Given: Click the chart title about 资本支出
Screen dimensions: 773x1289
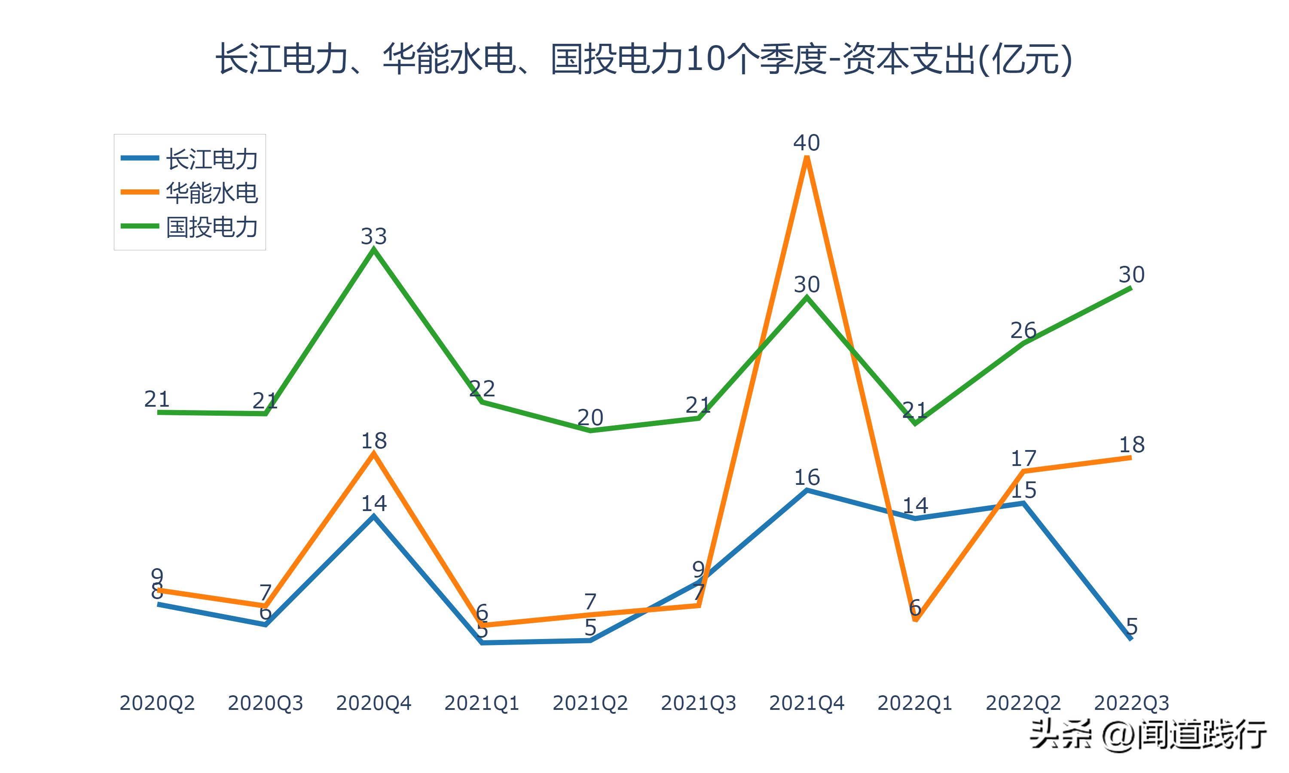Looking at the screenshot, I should [644, 59].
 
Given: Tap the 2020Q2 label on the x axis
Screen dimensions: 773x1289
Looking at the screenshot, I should [157, 703].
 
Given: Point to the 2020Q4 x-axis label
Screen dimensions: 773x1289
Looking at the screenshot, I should [373, 703].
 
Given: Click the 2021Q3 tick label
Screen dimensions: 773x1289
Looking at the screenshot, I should [699, 703].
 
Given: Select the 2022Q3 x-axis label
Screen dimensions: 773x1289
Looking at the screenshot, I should [1131, 703].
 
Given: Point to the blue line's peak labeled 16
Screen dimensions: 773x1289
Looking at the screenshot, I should [806, 490].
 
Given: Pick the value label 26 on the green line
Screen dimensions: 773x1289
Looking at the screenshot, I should [1023, 330].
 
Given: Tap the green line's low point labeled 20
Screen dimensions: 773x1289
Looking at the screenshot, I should [590, 431].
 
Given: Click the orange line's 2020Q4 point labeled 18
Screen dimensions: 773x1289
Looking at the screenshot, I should [373, 453].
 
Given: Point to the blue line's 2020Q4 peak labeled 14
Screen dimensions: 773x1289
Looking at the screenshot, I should [373, 516].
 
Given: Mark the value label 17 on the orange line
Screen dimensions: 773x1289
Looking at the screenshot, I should [1023, 458].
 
